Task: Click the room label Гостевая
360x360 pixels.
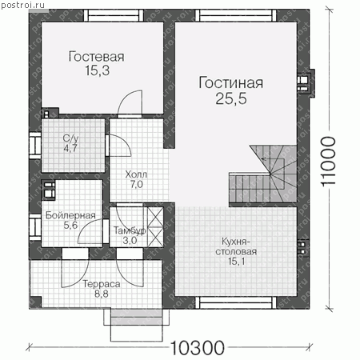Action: click(x=96, y=57)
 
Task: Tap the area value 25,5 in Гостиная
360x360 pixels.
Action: click(x=231, y=98)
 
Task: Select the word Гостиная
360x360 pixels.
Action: click(x=231, y=82)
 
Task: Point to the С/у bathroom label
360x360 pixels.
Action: click(x=70, y=138)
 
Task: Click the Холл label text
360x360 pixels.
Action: click(x=136, y=174)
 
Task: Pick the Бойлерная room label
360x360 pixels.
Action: click(x=70, y=215)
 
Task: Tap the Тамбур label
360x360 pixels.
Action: click(x=130, y=230)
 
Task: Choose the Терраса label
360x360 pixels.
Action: click(x=102, y=284)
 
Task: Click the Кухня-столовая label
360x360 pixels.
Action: click(x=236, y=246)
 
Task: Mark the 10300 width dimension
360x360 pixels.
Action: click(x=197, y=347)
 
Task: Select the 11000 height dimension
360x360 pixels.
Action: click(x=328, y=162)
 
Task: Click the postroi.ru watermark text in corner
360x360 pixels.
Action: click(x=22, y=5)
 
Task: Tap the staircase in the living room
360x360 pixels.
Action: click(x=262, y=174)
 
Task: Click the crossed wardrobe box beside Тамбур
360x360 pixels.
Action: click(x=155, y=227)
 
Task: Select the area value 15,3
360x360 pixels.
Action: click(x=98, y=71)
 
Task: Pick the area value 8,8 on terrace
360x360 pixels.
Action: click(x=102, y=294)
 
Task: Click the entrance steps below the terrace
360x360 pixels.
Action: click(x=136, y=325)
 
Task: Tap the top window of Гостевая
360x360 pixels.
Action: click(x=114, y=15)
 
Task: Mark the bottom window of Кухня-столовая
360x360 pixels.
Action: click(x=236, y=303)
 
